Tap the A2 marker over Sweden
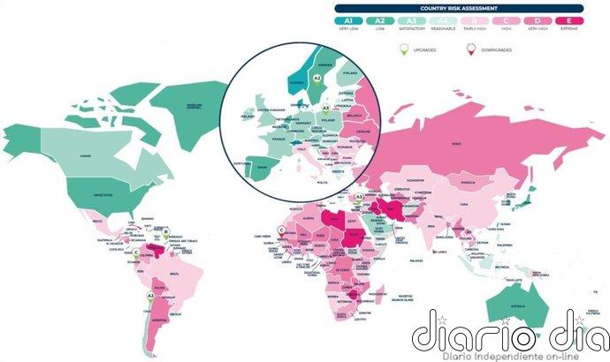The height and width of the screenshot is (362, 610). click(x=316, y=78)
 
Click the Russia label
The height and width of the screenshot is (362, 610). click(x=456, y=144)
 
